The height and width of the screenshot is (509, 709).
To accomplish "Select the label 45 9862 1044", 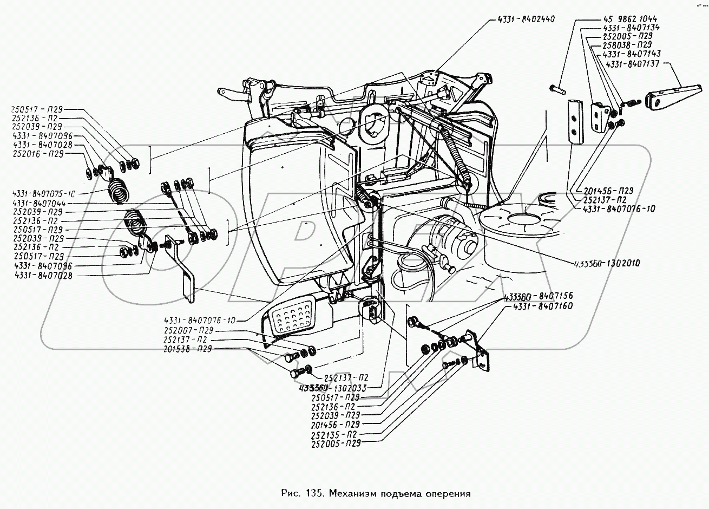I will point(629,19).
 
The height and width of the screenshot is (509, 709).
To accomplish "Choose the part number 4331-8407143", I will point(631,54).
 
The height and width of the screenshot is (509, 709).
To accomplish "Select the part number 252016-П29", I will point(37,154).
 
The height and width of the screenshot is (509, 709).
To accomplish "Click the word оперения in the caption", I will point(448,494).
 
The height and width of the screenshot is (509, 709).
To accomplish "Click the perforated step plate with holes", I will point(293,319).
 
